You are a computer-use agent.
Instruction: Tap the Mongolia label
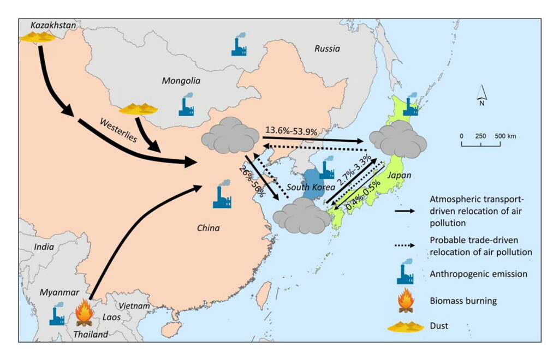point(181,81)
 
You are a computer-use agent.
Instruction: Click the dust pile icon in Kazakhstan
point(37,37)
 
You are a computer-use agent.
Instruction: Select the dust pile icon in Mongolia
point(138,109)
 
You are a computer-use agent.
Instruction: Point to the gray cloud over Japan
point(398,139)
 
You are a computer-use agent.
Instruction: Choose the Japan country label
point(399,176)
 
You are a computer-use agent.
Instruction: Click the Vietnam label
point(134,306)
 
